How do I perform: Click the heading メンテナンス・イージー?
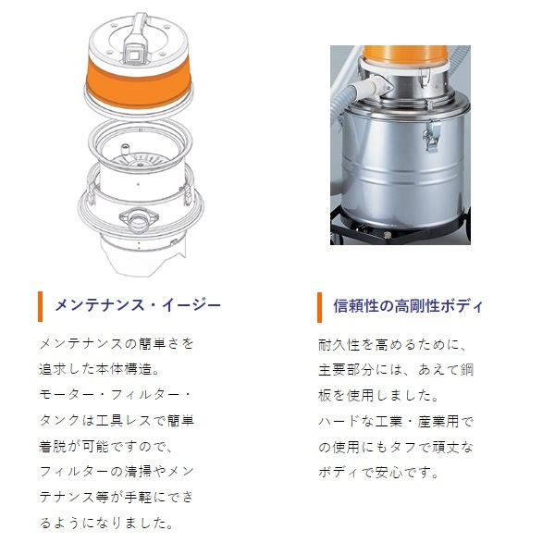pyautogui.click(x=138, y=305)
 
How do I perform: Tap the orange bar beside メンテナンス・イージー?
pyautogui.click(x=41, y=305)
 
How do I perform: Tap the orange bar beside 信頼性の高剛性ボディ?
pyautogui.click(x=319, y=305)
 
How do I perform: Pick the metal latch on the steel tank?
pyautogui.click(x=430, y=140)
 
